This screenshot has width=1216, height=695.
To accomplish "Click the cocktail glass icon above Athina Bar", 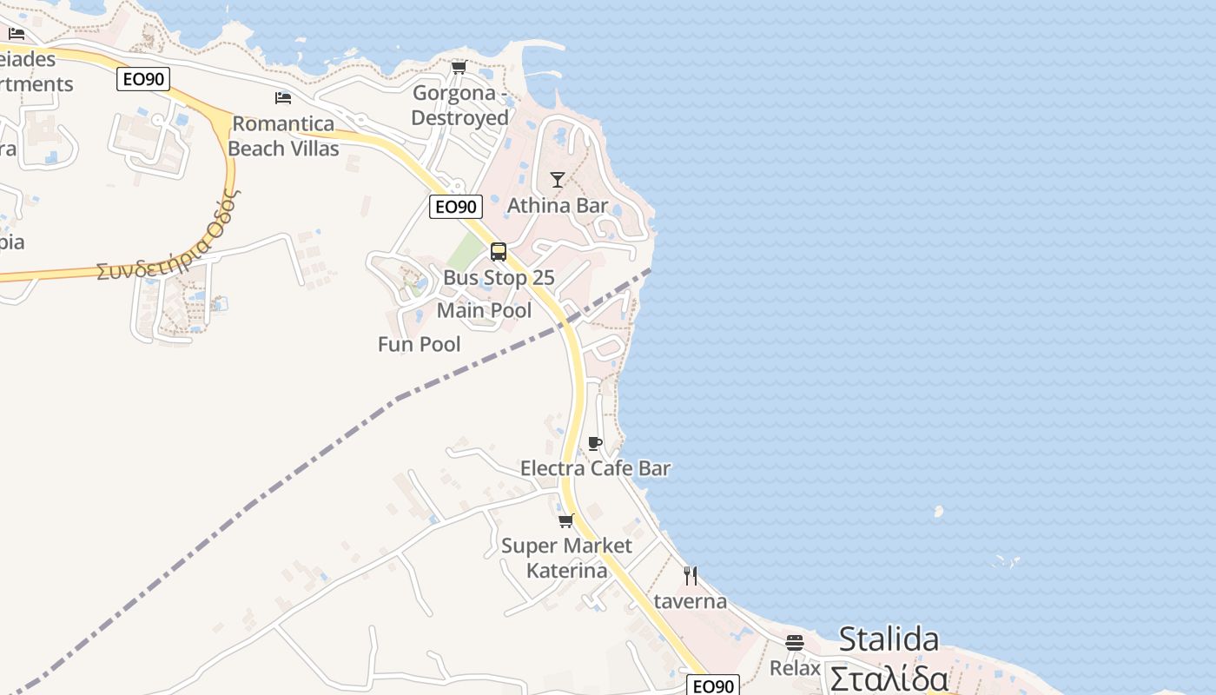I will [x=558, y=180].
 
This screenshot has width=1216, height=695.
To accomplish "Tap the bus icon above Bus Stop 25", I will [x=499, y=252].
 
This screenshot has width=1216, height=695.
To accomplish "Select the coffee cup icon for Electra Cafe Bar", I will [x=595, y=444].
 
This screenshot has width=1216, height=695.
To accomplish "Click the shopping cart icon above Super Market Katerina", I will [x=566, y=520].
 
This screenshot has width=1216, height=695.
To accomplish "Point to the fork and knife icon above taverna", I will [x=691, y=576].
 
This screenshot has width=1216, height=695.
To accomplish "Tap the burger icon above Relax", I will [x=795, y=643].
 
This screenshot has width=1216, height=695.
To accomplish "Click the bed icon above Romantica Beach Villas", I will [x=283, y=98].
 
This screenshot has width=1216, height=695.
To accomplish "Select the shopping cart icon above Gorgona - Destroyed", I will [x=459, y=68].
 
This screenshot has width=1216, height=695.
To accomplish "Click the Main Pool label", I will [x=484, y=310].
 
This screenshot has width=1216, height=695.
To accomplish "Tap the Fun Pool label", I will [x=420, y=344].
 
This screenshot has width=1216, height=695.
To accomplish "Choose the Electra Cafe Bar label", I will [x=595, y=468].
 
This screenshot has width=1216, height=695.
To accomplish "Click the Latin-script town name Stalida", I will [x=889, y=640].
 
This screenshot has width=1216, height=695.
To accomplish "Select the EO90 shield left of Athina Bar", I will [x=456, y=207].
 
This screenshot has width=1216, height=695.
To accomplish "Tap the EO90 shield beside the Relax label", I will [x=713, y=686].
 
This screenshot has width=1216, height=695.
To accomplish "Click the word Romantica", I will [x=283, y=123].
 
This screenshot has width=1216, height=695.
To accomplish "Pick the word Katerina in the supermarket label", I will [x=567, y=571].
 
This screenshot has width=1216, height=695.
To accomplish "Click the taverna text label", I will [x=691, y=601].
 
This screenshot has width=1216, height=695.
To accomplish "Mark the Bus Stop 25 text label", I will [x=499, y=278].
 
